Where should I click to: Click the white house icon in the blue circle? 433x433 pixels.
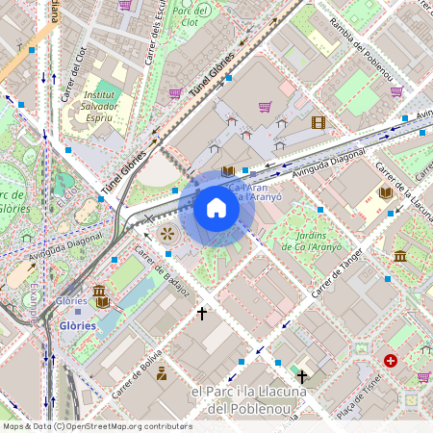pyautogui.click(x=216, y=208)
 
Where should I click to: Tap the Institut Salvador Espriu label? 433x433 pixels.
pyautogui.click(x=100, y=107)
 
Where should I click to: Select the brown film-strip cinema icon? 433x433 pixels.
pyautogui.click(x=318, y=122)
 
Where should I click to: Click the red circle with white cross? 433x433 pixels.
pyautogui.click(x=390, y=360)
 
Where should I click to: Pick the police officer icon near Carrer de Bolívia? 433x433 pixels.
pyautogui.click(x=161, y=372)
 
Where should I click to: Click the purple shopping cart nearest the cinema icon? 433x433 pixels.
pyautogui.click(x=265, y=107)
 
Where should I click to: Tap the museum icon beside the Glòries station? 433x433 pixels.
pyautogui.click(x=99, y=292)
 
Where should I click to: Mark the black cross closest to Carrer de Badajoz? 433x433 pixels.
pyautogui.click(x=202, y=313)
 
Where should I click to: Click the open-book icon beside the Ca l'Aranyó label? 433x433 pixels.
pyautogui.click(x=227, y=171)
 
